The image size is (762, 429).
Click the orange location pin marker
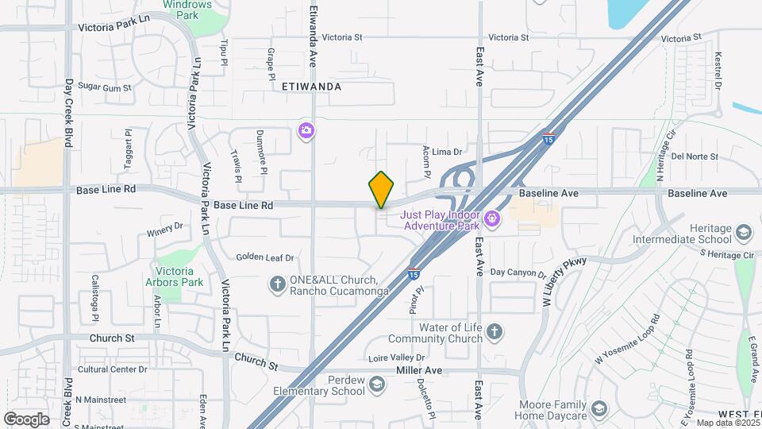click(381, 190)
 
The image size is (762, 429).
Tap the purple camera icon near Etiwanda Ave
click(306, 130)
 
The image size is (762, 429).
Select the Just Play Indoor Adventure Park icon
click(492, 217)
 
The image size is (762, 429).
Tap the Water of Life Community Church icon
click(493, 332)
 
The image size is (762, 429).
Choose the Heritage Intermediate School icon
click(744, 233)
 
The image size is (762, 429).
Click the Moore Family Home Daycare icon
click(599, 410)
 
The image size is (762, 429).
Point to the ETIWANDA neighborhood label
click(311, 87)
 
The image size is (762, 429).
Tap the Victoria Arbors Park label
click(175, 276)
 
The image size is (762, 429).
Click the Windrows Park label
click(187, 10)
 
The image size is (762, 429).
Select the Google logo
click(25, 419)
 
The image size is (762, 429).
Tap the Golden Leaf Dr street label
click(265, 257)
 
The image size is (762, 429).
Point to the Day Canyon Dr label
click(518, 272)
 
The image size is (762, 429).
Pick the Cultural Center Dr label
click(112, 369)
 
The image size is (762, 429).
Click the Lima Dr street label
click(447, 151)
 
